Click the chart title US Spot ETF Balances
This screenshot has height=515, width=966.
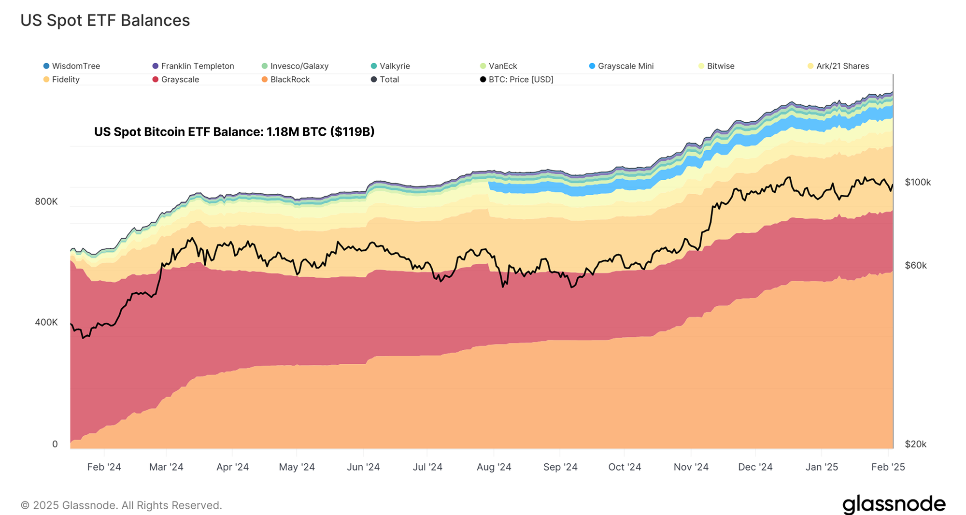[105, 20]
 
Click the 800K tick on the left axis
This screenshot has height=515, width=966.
[46, 201]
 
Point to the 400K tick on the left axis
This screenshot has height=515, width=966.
[46, 322]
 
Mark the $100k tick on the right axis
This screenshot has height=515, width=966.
[918, 182]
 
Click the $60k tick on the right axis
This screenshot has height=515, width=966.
[916, 265]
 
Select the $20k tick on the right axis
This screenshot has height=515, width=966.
[916, 444]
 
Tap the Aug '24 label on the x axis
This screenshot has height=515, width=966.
[494, 467]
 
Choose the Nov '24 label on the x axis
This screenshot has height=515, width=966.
[691, 467]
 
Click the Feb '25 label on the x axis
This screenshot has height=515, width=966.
[888, 467]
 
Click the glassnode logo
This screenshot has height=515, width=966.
[894, 504]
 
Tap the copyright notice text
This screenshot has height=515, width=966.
[121, 505]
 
